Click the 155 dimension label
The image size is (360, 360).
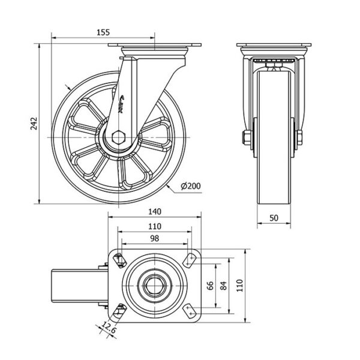[103, 32]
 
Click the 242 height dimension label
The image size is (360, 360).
[34, 124]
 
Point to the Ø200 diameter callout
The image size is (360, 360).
[191, 187]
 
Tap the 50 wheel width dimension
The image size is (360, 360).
[273, 219]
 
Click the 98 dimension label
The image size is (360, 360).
[154, 238]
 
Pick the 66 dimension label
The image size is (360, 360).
[210, 286]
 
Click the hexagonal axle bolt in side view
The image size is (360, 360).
[118, 138]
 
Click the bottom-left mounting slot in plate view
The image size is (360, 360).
[118, 311]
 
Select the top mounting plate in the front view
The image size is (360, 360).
[273, 47]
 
